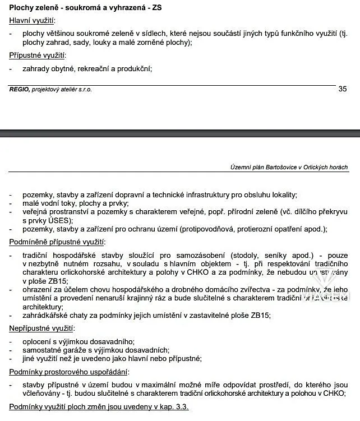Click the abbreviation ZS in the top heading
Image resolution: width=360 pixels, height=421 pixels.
tap(158, 7)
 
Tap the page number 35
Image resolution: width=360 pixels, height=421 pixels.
tap(343, 89)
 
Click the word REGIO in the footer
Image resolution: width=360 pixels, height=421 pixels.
tap(19, 90)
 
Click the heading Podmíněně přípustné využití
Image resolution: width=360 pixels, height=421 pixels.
tap(57, 242)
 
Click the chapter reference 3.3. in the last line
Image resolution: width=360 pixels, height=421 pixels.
tap(181, 406)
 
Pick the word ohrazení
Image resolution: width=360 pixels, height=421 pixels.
tap(39, 289)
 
